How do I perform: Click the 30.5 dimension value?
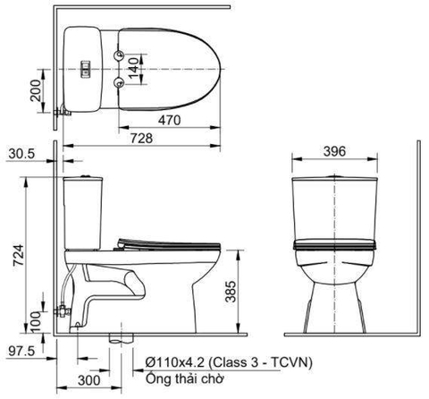[x=22, y=153]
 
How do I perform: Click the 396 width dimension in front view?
[x=333, y=153]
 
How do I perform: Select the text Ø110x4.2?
[x=177, y=362]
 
